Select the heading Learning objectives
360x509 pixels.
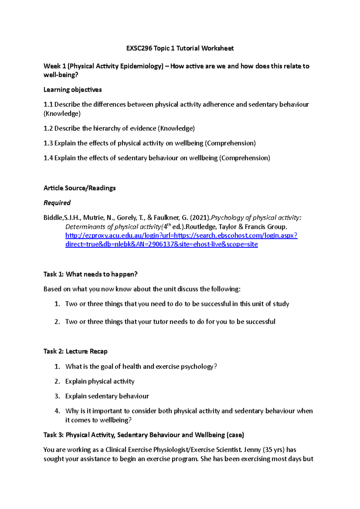point(73,90)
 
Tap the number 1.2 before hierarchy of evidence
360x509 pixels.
point(48,129)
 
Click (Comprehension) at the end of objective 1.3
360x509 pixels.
point(230,143)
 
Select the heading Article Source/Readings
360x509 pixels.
point(79,188)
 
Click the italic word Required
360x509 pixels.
point(57,203)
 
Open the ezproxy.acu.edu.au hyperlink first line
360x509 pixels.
point(181,236)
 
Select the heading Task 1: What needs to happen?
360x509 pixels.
point(90,274)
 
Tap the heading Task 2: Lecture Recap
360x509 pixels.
point(75,351)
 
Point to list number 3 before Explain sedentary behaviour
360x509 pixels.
point(57,396)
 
